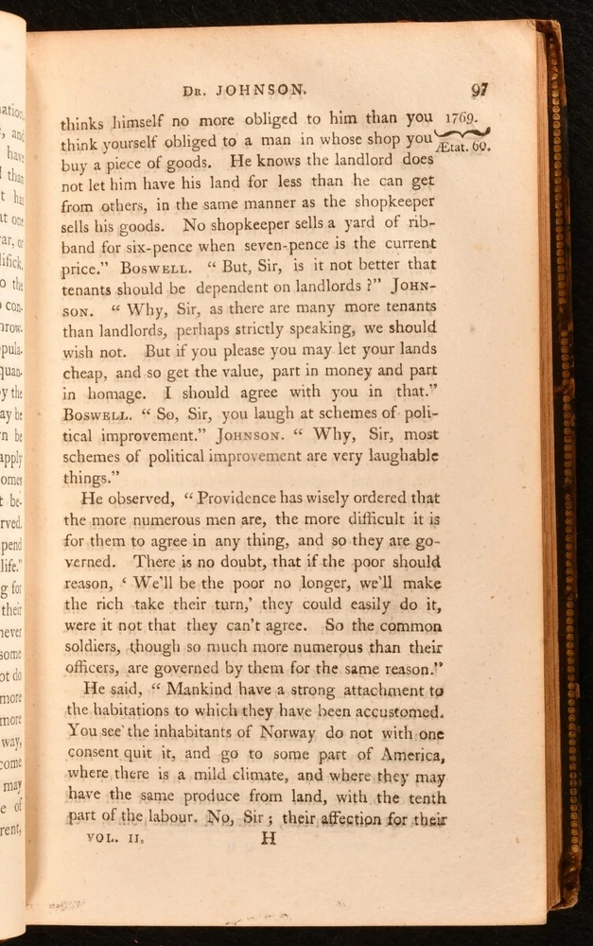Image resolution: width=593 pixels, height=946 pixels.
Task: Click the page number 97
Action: tap(479, 90)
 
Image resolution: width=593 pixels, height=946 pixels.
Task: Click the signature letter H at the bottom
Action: tap(269, 838)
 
